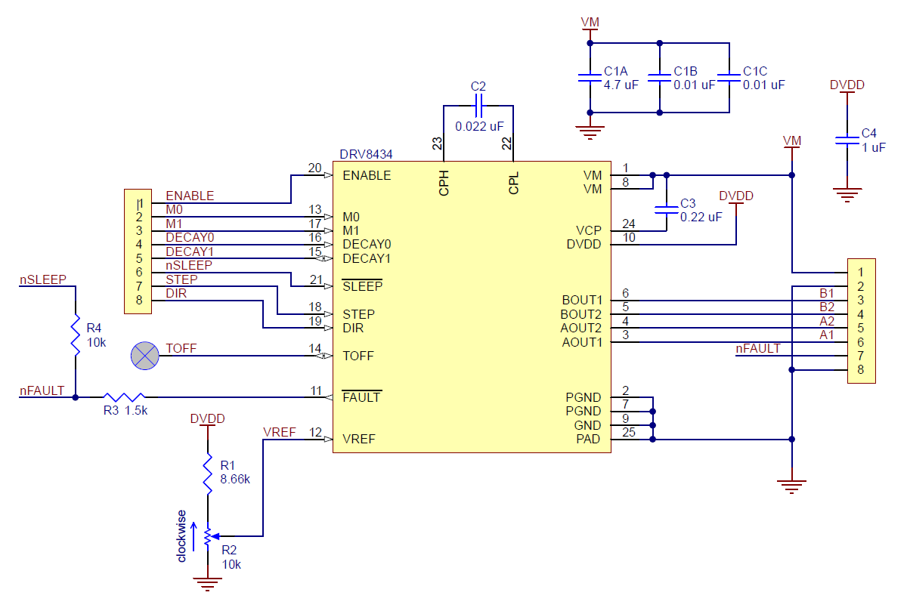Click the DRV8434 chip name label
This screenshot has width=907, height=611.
[x=366, y=154]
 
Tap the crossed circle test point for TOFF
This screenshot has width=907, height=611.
[x=144, y=356]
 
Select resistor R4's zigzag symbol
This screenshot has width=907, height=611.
[x=76, y=335]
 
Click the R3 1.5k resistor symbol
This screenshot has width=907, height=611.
[x=124, y=397]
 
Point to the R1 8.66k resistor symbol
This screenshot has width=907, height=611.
[x=208, y=474]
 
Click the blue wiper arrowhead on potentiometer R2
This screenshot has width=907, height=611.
[x=215, y=536]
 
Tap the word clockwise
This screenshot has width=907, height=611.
[x=181, y=536]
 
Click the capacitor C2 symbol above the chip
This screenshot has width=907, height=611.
[x=478, y=106]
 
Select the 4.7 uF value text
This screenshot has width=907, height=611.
[x=621, y=85]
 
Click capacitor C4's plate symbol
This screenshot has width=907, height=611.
[x=847, y=140]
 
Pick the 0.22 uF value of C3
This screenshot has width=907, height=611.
[x=701, y=218]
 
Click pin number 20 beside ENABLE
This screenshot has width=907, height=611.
[x=314, y=168]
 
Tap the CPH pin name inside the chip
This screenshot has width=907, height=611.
[x=444, y=183]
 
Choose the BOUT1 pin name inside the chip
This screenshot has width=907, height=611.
[x=582, y=300]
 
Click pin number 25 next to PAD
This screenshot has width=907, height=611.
[x=628, y=432]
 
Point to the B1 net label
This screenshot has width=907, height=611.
[x=827, y=293]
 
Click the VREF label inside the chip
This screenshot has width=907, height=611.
[x=359, y=439]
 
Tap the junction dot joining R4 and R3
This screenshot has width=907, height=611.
[x=76, y=397]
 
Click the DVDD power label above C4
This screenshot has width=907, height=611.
[x=847, y=85]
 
